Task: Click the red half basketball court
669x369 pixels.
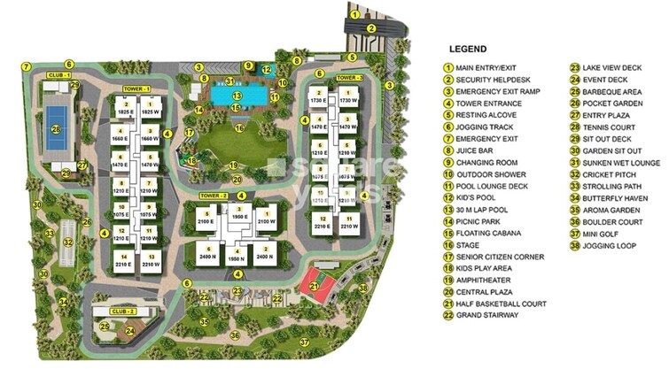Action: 313,282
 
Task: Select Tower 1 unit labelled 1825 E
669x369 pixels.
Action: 125,112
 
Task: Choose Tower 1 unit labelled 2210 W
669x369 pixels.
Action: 149,263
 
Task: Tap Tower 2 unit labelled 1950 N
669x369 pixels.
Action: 237,257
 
